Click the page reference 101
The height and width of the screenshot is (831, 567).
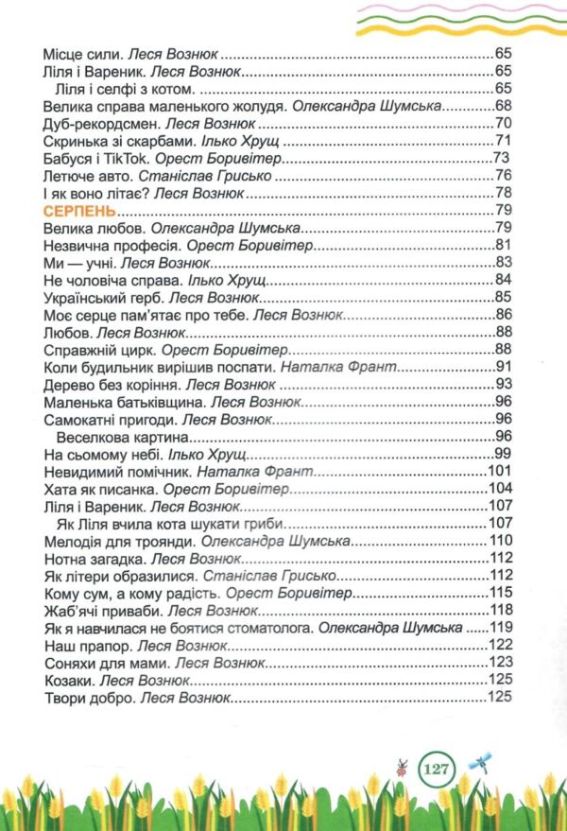[x=499, y=472]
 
